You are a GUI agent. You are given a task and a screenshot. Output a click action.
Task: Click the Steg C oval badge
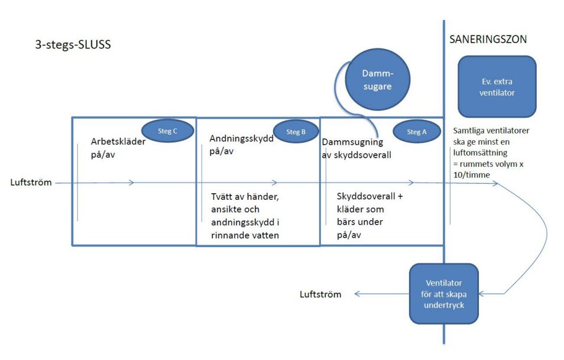(167, 132)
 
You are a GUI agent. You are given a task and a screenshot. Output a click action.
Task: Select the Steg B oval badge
(296, 132)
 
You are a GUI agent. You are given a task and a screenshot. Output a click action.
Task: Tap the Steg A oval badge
(417, 132)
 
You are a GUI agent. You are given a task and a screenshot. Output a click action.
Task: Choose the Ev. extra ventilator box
(497, 86)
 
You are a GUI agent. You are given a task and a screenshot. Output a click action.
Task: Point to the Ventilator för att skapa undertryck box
(444, 293)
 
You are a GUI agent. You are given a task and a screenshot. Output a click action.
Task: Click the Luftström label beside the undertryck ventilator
(320, 294)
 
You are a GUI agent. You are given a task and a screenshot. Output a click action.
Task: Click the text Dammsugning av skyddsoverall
(353, 148)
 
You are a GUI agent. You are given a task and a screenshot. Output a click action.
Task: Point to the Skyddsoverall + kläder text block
(369, 215)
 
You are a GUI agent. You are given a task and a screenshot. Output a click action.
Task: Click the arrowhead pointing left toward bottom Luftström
(358, 294)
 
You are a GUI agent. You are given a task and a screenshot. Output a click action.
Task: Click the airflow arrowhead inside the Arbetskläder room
(131, 183)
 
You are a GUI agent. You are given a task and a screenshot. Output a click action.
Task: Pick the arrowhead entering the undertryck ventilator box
(482, 294)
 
